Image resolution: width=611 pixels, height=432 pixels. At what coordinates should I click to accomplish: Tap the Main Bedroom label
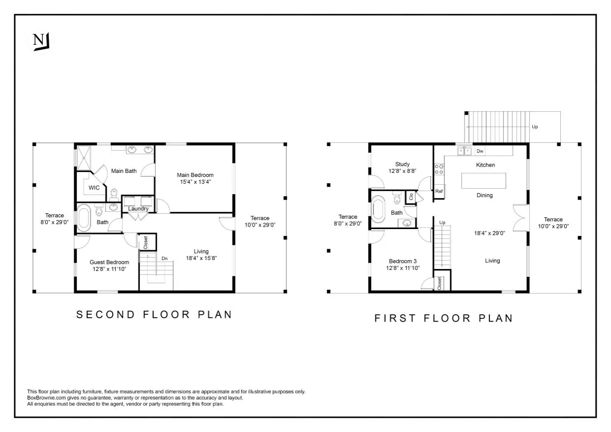coord(196,175)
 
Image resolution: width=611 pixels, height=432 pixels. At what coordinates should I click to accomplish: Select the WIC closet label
coord(94,188)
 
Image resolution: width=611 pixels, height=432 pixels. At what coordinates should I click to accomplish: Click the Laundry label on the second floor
coord(138,209)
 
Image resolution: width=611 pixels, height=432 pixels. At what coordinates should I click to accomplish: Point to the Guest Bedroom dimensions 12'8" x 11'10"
coord(109,269)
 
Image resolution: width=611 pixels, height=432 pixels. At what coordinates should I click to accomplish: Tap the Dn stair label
coord(165,258)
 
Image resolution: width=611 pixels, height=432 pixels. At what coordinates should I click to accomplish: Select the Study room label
coord(402,165)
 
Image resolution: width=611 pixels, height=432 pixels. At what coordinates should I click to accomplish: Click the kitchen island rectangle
coord(483,180)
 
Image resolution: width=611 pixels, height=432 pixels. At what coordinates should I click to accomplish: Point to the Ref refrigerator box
coord(439,191)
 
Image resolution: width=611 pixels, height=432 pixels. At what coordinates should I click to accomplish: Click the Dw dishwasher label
coord(479,151)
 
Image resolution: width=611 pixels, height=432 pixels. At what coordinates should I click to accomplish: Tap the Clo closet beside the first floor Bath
coord(410,197)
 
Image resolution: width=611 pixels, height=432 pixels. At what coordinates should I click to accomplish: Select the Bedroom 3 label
coord(403,261)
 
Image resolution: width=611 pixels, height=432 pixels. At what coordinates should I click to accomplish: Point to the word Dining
coord(484,196)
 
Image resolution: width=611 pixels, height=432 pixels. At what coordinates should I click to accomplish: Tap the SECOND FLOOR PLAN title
coord(154,314)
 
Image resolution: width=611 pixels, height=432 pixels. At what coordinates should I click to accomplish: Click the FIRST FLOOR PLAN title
coord(444,318)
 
